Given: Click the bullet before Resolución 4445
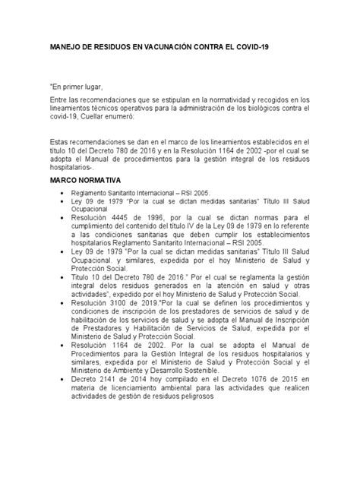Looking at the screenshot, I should coord(62,217).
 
